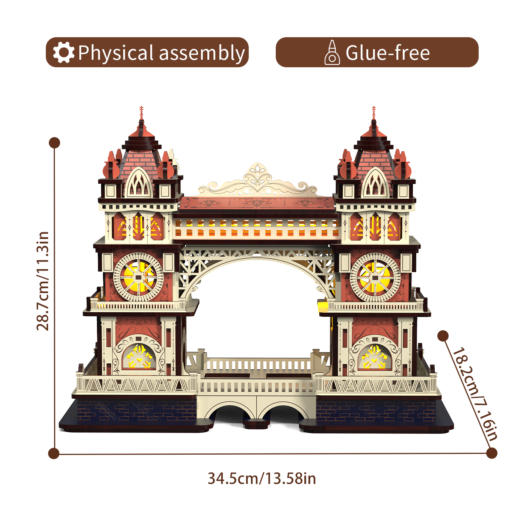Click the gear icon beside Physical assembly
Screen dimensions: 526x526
point(63,53)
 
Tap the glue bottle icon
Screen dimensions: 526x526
point(332,53)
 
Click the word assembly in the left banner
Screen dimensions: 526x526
point(202,53)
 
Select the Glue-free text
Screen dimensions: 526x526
point(388,53)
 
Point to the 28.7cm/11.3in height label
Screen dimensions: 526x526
point(43,281)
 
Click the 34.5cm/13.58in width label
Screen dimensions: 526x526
point(262,479)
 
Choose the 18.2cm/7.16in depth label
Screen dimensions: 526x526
point(475,393)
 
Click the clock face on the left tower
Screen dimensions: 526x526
point(138,277)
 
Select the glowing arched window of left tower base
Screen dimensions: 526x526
point(139,357)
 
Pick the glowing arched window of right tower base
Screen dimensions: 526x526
point(375,357)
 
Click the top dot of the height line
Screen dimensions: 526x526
point(54,143)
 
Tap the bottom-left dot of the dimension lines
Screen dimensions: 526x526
point(54,453)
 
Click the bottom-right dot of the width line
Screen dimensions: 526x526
point(491,453)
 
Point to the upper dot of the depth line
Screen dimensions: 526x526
point(443,336)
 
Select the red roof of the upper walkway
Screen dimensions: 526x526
point(257,204)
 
